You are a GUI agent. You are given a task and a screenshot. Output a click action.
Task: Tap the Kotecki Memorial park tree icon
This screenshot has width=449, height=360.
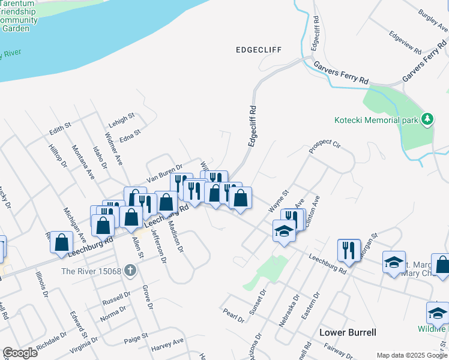point(427,119)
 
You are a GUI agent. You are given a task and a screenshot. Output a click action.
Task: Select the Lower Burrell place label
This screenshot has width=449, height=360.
point(348,332)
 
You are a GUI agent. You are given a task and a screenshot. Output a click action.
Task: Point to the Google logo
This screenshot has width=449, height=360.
point(20,353)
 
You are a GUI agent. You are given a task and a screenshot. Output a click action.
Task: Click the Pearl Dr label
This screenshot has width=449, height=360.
point(233,316)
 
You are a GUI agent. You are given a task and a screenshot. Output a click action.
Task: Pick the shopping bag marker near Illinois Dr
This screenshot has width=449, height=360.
point(62,244)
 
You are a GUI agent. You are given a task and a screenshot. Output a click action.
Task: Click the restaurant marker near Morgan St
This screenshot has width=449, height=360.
point(349,250)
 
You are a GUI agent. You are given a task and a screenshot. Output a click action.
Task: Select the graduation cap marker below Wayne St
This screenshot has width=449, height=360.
point(284,231)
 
